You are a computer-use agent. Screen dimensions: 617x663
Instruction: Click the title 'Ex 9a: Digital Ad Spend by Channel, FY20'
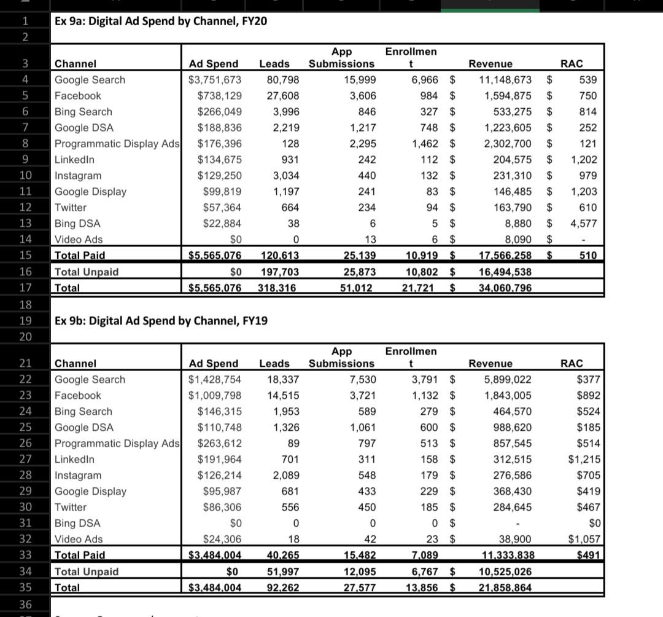pyautogui.click(x=161, y=21)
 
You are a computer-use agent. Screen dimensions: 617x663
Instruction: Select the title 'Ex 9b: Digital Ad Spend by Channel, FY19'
pyautogui.click(x=161, y=321)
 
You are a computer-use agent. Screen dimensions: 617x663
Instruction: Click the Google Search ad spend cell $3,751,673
pyautogui.click(x=215, y=80)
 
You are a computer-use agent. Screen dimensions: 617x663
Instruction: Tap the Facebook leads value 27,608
pyautogui.click(x=283, y=96)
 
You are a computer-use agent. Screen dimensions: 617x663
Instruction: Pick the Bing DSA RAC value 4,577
pyautogui.click(x=583, y=224)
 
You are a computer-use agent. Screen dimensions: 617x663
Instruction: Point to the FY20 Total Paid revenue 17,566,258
pyautogui.click(x=505, y=255)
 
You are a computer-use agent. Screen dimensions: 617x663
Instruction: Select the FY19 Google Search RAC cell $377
pyautogui.click(x=588, y=380)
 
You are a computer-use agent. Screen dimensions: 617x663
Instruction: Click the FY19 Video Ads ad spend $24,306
pyautogui.click(x=222, y=540)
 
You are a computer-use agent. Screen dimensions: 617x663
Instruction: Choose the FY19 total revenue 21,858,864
pyautogui.click(x=505, y=588)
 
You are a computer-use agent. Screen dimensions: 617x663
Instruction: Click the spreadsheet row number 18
pyautogui.click(x=25, y=304)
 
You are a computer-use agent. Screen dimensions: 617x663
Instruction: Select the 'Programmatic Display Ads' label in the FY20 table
pyautogui.click(x=117, y=144)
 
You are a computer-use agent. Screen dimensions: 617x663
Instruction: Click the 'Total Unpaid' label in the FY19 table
pyautogui.click(x=87, y=572)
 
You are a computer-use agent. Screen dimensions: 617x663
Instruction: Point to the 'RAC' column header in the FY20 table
pyautogui.click(x=572, y=64)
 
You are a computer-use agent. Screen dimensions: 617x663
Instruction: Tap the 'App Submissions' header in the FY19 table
pyautogui.click(x=341, y=358)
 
